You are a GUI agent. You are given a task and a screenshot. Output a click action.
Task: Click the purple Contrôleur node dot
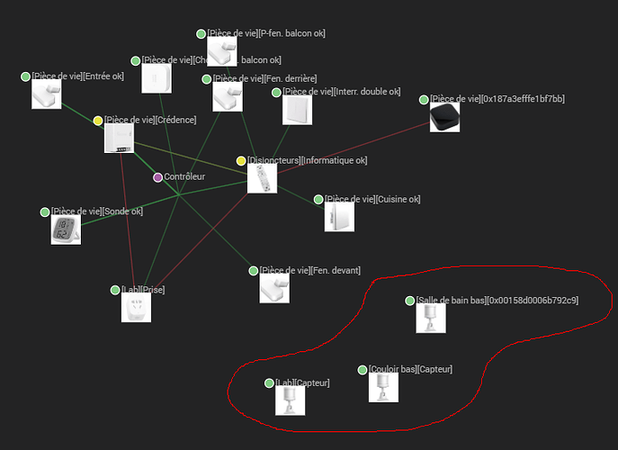[x=158, y=177]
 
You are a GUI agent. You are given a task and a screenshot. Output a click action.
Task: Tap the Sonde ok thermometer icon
[x=66, y=229]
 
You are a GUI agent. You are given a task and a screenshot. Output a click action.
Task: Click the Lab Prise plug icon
[x=136, y=307]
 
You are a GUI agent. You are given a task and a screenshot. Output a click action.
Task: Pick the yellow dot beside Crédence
[x=98, y=121]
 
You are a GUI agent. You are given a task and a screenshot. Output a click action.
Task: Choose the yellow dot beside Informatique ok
[x=241, y=161]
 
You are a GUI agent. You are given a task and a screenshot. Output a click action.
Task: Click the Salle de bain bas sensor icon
[x=431, y=317]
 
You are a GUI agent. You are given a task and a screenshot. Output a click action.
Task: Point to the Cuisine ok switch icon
[x=339, y=217]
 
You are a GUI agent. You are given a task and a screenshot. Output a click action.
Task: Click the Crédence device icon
[x=119, y=139]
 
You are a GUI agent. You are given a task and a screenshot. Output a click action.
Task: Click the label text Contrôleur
[x=184, y=177]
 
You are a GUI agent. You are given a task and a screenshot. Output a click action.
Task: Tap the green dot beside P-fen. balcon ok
[x=202, y=34]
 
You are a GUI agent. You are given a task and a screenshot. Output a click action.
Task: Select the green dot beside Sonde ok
[x=45, y=212]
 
